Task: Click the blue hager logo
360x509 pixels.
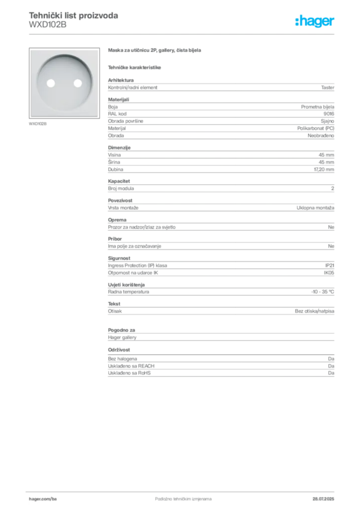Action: [x=316, y=21]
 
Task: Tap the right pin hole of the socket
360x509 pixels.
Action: [x=77, y=84]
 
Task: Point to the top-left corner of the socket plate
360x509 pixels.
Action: [x=31, y=50]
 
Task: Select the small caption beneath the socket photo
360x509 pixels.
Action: [x=38, y=123]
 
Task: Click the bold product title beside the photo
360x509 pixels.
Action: [x=155, y=51]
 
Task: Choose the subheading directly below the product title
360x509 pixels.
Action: [x=135, y=67]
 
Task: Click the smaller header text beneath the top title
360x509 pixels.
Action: [x=47, y=26]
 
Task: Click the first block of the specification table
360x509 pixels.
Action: [x=220, y=87]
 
